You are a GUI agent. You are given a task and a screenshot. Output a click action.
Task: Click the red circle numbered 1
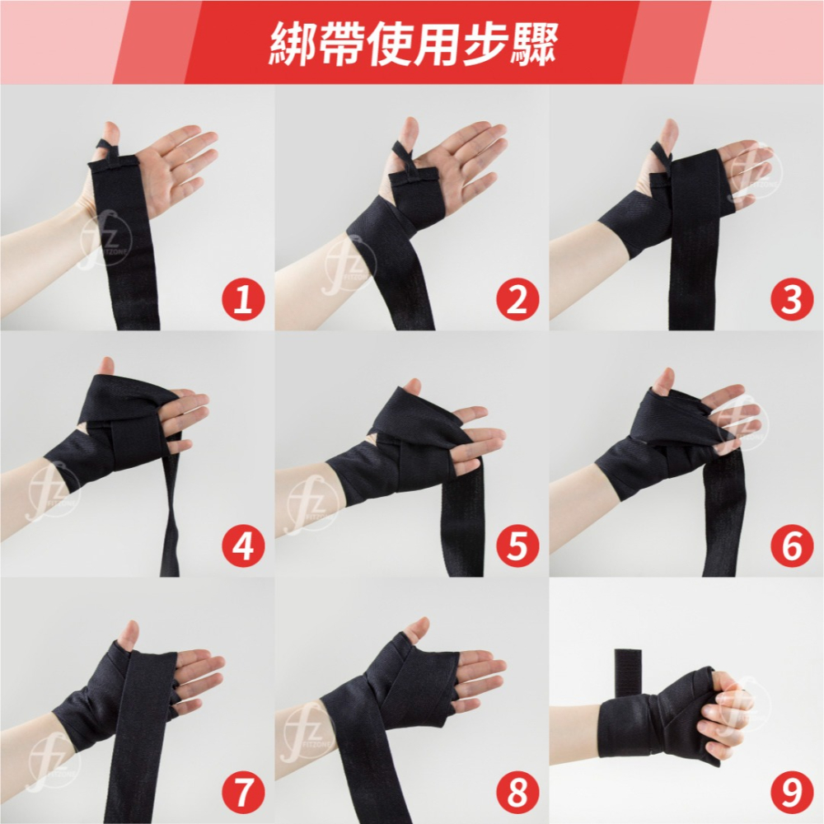coord(243,300)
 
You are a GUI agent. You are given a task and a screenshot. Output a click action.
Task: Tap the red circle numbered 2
coord(517,300)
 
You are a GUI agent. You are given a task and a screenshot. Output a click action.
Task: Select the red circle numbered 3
coord(792,300)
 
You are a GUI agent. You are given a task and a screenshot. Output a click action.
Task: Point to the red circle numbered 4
coord(243,546)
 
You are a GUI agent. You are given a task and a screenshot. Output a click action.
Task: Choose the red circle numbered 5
coord(517,546)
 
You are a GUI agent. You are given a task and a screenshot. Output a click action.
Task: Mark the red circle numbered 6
coord(792,546)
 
